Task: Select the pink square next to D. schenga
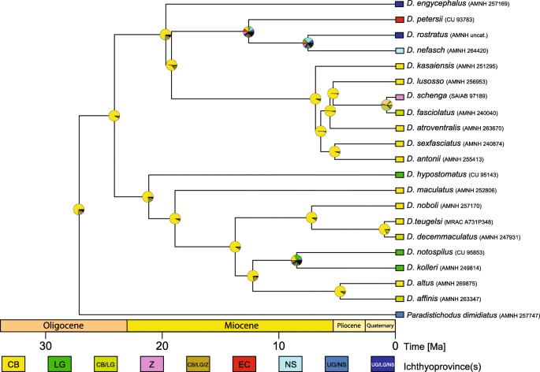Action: [400, 96]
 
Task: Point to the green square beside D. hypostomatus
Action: [400, 174]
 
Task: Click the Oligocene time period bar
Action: [64, 325]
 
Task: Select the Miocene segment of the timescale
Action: [229, 325]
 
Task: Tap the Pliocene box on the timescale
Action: [348, 325]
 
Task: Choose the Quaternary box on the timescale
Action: [378, 325]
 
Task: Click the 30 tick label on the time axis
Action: [47, 344]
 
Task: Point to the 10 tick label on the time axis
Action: [278, 344]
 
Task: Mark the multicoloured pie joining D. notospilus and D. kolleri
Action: [296, 259]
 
